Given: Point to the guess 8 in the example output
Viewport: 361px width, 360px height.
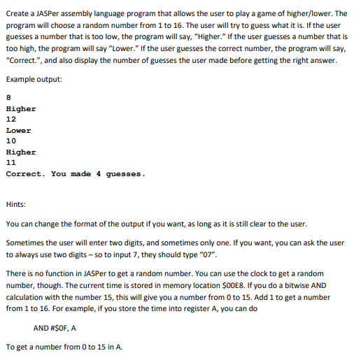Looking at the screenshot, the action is (x=8, y=99).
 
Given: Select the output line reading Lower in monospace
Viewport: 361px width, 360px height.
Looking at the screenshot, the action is (x=18, y=130).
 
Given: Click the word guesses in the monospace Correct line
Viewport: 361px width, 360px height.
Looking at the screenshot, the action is (x=125, y=173).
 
